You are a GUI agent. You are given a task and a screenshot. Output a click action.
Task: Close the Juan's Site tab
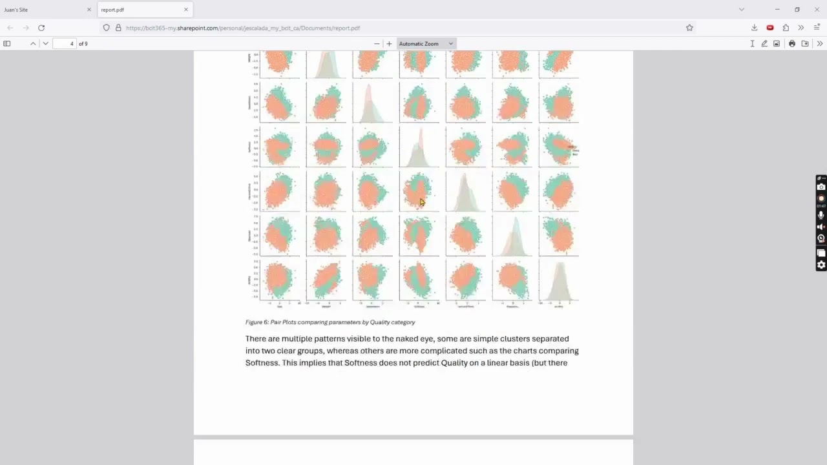pos(89,10)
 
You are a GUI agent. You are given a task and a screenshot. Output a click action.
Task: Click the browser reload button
pos(41,28)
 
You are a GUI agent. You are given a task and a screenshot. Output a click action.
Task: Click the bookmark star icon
pos(689,28)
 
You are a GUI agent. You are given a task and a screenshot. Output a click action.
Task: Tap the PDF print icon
pos(792,44)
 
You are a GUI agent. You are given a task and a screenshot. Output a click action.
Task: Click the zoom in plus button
pos(389,44)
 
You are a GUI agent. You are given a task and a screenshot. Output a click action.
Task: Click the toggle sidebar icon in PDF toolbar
pos(7,44)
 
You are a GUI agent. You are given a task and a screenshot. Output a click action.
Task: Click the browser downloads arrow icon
pos(754,28)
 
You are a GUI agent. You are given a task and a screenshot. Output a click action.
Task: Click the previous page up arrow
pos(33,44)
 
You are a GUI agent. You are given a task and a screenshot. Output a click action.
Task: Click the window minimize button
pos(777,10)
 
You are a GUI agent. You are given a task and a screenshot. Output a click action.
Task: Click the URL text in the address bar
pos(243,28)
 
